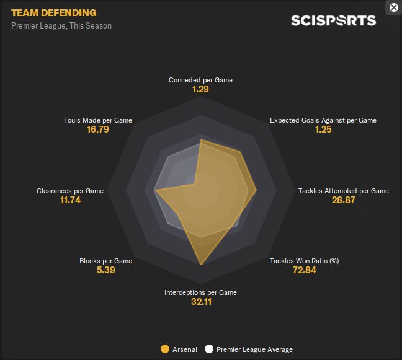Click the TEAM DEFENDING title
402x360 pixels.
(54, 12)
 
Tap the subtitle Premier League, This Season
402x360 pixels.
(61, 26)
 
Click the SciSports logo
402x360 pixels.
(333, 20)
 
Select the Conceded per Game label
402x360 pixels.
(200, 80)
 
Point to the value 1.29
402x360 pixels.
(200, 89)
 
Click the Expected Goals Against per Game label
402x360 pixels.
(323, 120)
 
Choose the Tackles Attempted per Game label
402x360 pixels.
(344, 191)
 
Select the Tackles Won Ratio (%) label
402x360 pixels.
(304, 261)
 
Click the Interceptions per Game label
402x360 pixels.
(200, 292)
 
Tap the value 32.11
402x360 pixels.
(200, 302)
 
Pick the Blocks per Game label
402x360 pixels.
(105, 261)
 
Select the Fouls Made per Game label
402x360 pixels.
(98, 120)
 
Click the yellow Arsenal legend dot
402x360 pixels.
(164, 349)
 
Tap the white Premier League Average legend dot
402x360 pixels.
(209, 349)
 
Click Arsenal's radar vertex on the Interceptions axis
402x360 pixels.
(201, 265)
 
